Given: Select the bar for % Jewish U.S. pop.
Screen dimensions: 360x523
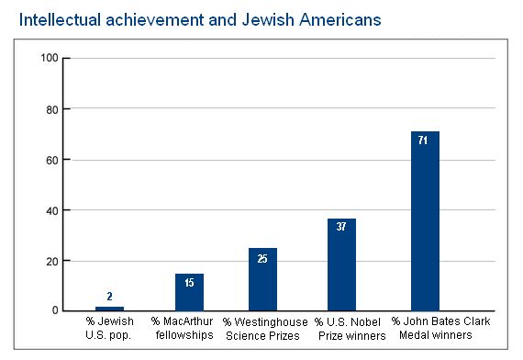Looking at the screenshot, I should pos(109,309).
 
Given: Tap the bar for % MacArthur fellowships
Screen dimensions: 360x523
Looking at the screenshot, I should pos(189,292).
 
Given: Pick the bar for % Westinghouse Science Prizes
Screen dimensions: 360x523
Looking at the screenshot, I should pos(262,279).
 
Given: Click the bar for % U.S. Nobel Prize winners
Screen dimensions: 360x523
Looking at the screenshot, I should pos(341,264).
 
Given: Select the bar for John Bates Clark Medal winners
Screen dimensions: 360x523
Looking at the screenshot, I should pos(425,220).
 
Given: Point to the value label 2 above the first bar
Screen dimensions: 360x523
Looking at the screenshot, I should pos(109,297).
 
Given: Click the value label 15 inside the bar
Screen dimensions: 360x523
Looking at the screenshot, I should pos(189,283).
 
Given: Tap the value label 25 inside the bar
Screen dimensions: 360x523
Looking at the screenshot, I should pos(262,258).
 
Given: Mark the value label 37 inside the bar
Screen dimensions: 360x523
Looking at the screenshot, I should pos(341,228).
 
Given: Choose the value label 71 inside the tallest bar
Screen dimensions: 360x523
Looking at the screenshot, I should pos(425,141).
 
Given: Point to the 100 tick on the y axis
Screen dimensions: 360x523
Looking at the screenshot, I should pos(50,59).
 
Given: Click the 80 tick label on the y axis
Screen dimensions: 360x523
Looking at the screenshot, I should pos(52,109).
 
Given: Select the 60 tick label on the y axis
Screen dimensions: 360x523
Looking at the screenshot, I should pos(52,160).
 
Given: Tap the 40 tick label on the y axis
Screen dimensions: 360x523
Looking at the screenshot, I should pos(52,210).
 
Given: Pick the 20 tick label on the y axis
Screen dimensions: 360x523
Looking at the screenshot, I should pos(52,261).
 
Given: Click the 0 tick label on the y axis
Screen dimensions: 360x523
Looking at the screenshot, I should pos(55,311).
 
